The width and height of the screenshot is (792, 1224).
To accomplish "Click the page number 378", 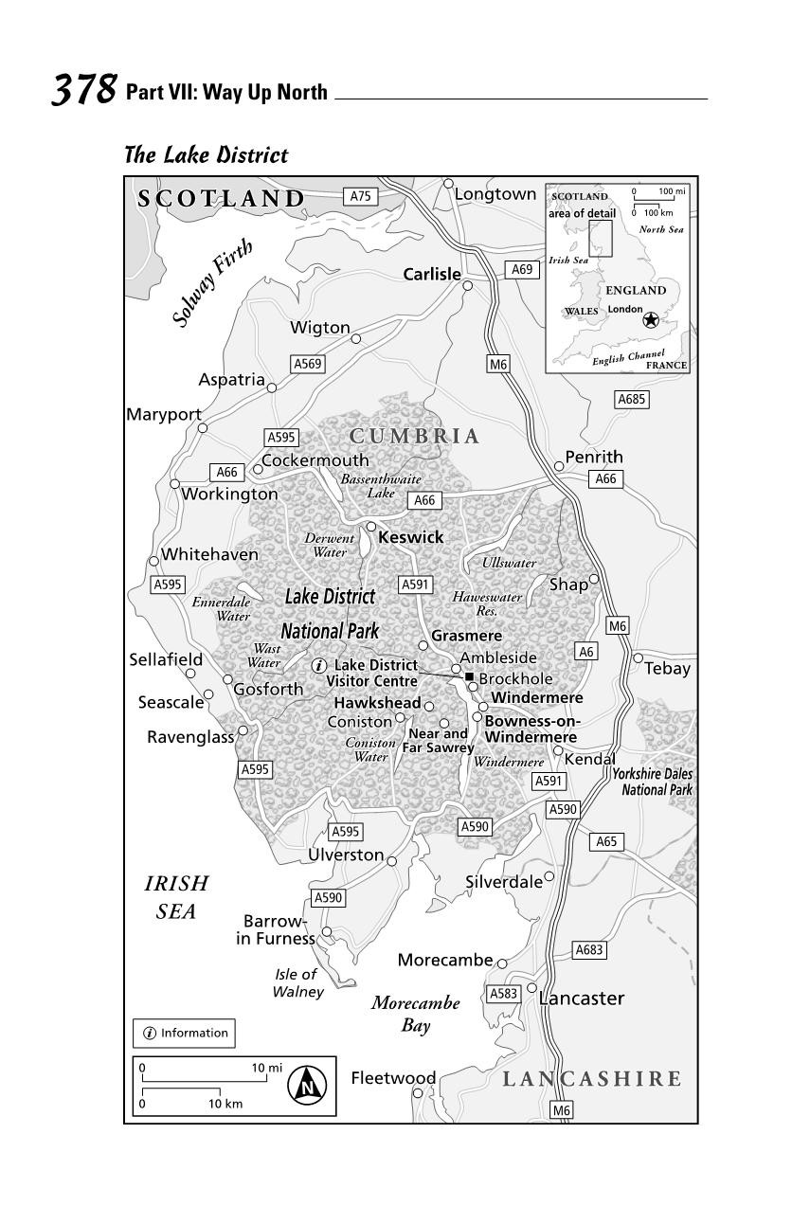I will click(82, 90).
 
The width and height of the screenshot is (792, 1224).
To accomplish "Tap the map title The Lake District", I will click(206, 154).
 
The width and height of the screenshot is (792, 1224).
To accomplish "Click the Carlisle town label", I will click(431, 274).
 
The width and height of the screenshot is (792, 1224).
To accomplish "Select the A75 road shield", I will click(360, 196).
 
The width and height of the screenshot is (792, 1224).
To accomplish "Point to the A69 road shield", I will click(522, 269).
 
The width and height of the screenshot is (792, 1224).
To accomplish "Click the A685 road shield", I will click(632, 399).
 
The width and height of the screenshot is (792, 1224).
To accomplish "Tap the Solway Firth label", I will click(213, 283).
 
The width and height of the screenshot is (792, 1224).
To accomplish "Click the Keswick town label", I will click(410, 537).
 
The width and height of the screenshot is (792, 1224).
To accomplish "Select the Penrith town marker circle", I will click(559, 466).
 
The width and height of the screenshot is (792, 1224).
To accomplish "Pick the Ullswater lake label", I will click(509, 563).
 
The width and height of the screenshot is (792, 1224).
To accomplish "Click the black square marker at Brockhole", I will click(469, 676).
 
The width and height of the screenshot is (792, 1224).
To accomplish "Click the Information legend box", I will click(184, 1033).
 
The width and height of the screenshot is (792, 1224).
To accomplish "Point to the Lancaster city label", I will click(582, 998).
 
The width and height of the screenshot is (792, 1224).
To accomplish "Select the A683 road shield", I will click(589, 949).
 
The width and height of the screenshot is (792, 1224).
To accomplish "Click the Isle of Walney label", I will click(297, 982).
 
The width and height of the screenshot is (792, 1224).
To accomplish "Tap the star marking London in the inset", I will click(651, 320).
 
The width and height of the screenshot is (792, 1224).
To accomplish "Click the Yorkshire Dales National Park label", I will click(652, 782).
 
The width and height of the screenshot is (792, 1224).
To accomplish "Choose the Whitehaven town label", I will click(209, 554).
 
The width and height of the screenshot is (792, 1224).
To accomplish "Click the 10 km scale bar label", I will click(225, 1104).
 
